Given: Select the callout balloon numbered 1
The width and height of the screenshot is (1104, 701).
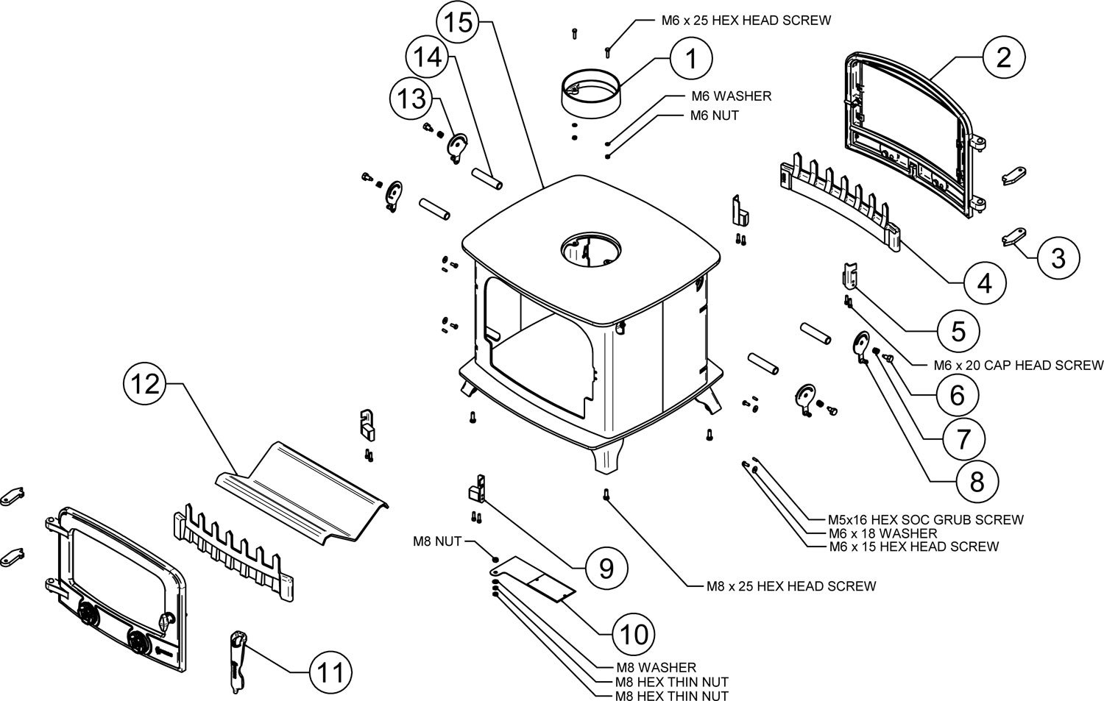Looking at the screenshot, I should (x=691, y=59).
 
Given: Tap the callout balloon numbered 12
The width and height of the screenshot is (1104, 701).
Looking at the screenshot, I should (x=146, y=384).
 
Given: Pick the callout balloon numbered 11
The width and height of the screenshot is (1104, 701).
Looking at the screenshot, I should (x=328, y=672).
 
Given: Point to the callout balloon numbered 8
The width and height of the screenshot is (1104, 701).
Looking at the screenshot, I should (x=977, y=482).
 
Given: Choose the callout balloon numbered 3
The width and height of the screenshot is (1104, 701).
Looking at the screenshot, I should (x=1058, y=258).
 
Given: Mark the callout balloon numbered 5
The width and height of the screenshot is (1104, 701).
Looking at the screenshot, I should (x=958, y=331).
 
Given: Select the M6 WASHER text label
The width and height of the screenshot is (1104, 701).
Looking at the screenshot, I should (x=731, y=96).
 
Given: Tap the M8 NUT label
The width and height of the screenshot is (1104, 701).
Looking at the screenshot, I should (x=437, y=542).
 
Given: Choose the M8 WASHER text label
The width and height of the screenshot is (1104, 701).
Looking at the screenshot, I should (x=657, y=667).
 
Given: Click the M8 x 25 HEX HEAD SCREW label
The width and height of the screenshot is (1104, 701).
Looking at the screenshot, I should (x=791, y=586).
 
